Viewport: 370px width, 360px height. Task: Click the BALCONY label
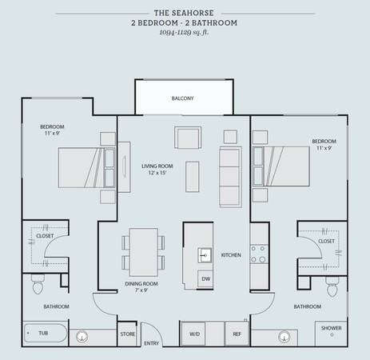point(182,98)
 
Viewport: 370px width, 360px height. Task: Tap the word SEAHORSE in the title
point(193,13)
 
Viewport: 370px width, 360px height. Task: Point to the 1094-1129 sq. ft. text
point(184,33)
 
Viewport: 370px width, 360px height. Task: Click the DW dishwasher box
point(205,278)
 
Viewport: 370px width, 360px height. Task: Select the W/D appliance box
point(193,334)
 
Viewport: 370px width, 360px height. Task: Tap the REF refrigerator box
point(237,334)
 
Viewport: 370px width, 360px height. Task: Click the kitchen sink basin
point(205,255)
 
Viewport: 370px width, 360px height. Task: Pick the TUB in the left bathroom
point(46,333)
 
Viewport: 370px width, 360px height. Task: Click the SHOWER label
point(331,328)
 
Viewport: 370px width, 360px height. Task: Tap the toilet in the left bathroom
point(38,284)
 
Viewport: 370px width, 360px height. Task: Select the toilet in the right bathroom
point(332,286)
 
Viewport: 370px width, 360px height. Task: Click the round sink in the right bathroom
point(284,337)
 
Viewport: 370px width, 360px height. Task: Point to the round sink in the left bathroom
point(82,337)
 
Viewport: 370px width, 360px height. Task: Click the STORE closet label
point(127,334)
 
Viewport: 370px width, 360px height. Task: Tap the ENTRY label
point(151,343)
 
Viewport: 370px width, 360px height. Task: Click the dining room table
point(144,252)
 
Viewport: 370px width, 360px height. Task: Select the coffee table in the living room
point(193,177)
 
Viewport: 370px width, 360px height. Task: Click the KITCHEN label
point(231,255)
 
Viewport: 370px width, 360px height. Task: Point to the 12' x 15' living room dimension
point(157,173)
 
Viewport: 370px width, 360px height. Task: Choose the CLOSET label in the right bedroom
point(326,241)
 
